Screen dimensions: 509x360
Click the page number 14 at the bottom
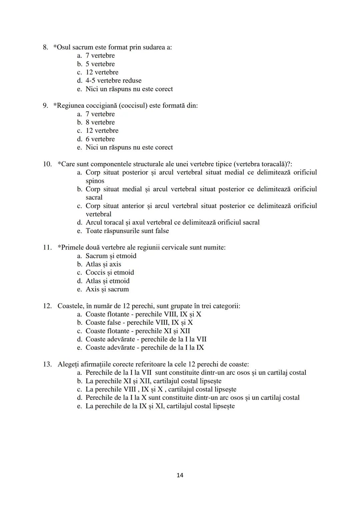tap(180, 475)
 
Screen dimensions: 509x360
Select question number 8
tap(45, 47)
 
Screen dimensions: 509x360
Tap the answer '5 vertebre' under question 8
tap(100, 64)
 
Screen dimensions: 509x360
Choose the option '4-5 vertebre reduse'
tap(113, 81)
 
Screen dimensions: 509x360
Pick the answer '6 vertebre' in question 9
tap(100, 139)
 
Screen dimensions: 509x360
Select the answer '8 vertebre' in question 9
tap(100, 122)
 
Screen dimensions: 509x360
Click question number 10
tap(47, 164)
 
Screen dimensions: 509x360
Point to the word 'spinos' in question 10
tap(95, 181)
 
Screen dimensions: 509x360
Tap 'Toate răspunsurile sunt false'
tap(127, 231)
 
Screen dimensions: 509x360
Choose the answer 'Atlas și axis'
tap(103, 264)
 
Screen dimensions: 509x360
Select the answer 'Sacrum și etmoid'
tap(111, 256)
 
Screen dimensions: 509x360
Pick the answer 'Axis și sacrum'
tap(107, 289)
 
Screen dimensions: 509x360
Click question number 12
tap(47, 306)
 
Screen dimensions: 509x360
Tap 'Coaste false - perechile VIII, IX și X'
tap(139, 323)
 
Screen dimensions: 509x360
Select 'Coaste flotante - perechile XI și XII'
tap(138, 331)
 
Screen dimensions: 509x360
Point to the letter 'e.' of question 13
tap(79, 406)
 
